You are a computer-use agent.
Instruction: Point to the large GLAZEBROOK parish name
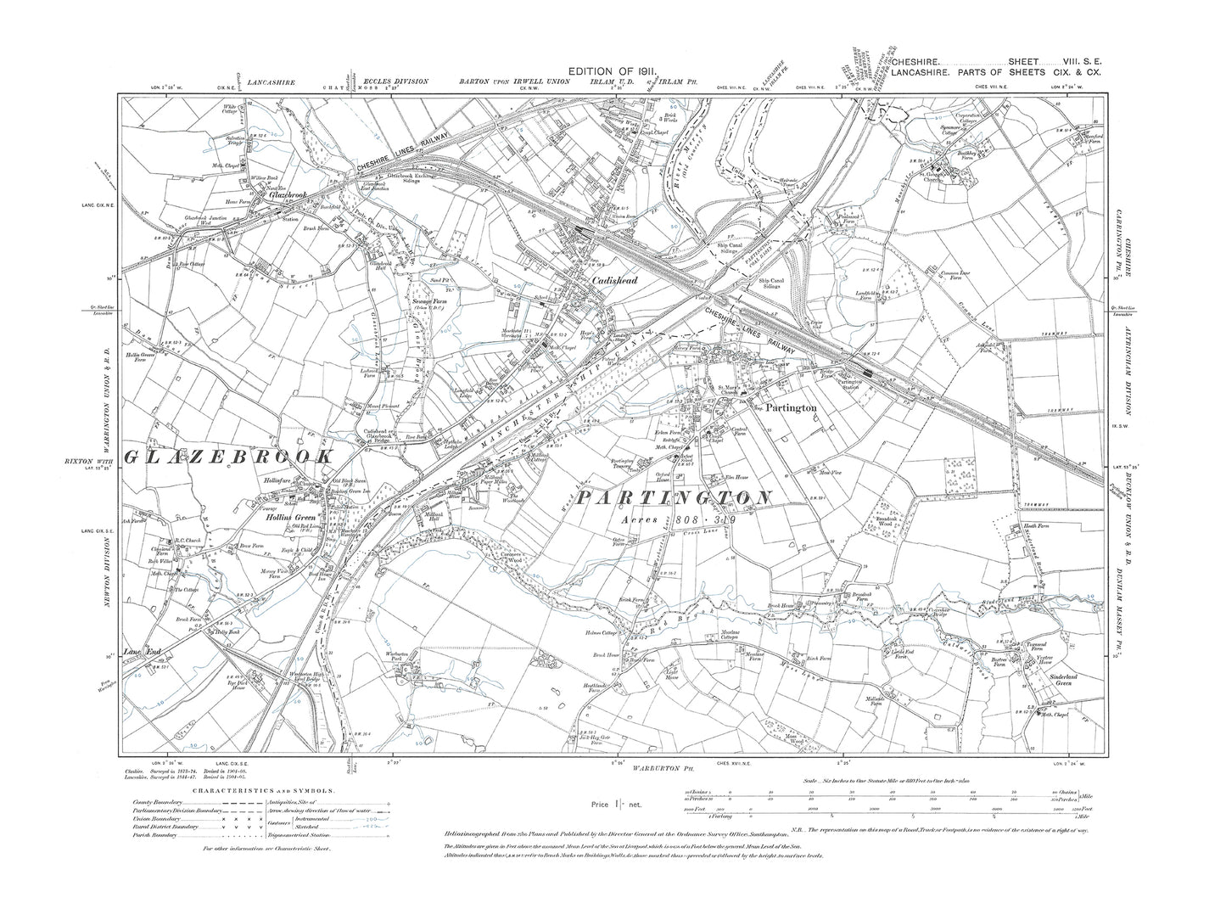[227, 457]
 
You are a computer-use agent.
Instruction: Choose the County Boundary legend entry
[160, 802]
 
